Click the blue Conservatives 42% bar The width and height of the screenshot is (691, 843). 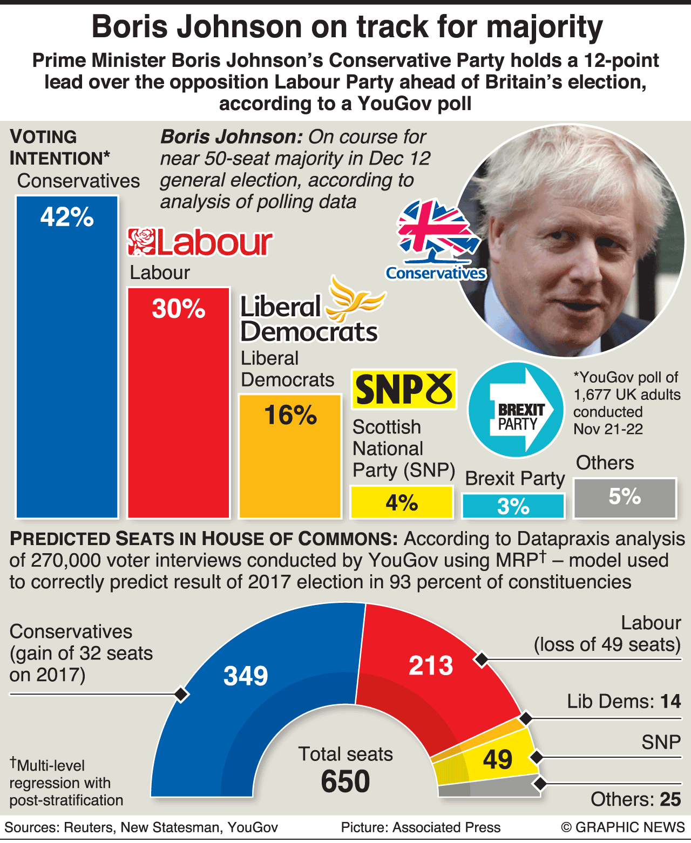click(x=67, y=356)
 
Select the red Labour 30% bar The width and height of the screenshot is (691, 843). click(x=178, y=402)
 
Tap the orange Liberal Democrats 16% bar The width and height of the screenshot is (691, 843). click(x=290, y=456)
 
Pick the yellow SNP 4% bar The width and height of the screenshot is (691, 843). click(x=402, y=502)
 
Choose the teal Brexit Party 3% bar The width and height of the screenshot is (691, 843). click(x=513, y=506)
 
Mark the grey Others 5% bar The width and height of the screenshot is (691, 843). click(x=625, y=498)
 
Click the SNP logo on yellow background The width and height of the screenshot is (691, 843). click(x=404, y=389)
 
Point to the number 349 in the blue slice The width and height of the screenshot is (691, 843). click(x=246, y=676)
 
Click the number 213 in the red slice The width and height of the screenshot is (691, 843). click(x=430, y=665)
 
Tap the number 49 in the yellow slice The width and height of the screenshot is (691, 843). click(x=497, y=759)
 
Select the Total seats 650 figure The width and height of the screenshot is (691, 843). click(x=345, y=781)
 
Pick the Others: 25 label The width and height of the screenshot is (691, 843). click(x=635, y=799)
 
